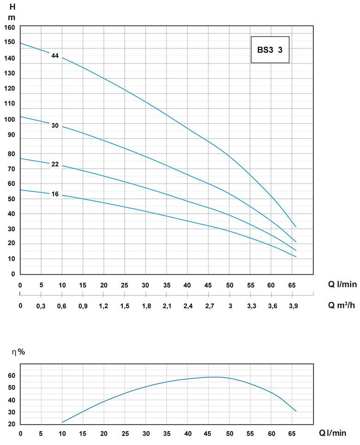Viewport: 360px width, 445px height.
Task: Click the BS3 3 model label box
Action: pos(270,50)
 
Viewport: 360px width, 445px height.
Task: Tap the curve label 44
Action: pos(55,56)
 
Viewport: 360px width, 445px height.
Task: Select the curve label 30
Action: pos(55,126)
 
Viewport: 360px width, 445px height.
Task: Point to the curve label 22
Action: pos(55,164)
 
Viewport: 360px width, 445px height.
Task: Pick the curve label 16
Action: pos(55,194)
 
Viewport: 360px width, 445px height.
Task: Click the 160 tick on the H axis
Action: pos(10,27)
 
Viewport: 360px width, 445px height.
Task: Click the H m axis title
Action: pos(12,12)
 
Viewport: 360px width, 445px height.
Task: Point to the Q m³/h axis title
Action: pos(342,305)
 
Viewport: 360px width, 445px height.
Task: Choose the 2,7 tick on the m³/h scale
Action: pos(208,305)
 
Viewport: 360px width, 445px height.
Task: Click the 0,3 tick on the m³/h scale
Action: pos(41,305)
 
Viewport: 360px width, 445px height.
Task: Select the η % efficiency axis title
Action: pos(19,352)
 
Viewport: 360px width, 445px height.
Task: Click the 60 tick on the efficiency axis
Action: pos(12,375)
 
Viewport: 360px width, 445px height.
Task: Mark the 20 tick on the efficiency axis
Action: pos(12,424)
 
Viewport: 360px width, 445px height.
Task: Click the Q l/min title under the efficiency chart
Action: pos(332,433)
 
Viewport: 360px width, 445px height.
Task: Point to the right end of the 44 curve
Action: pos(296,227)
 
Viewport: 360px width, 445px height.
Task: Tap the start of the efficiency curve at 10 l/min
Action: pos(62,422)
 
